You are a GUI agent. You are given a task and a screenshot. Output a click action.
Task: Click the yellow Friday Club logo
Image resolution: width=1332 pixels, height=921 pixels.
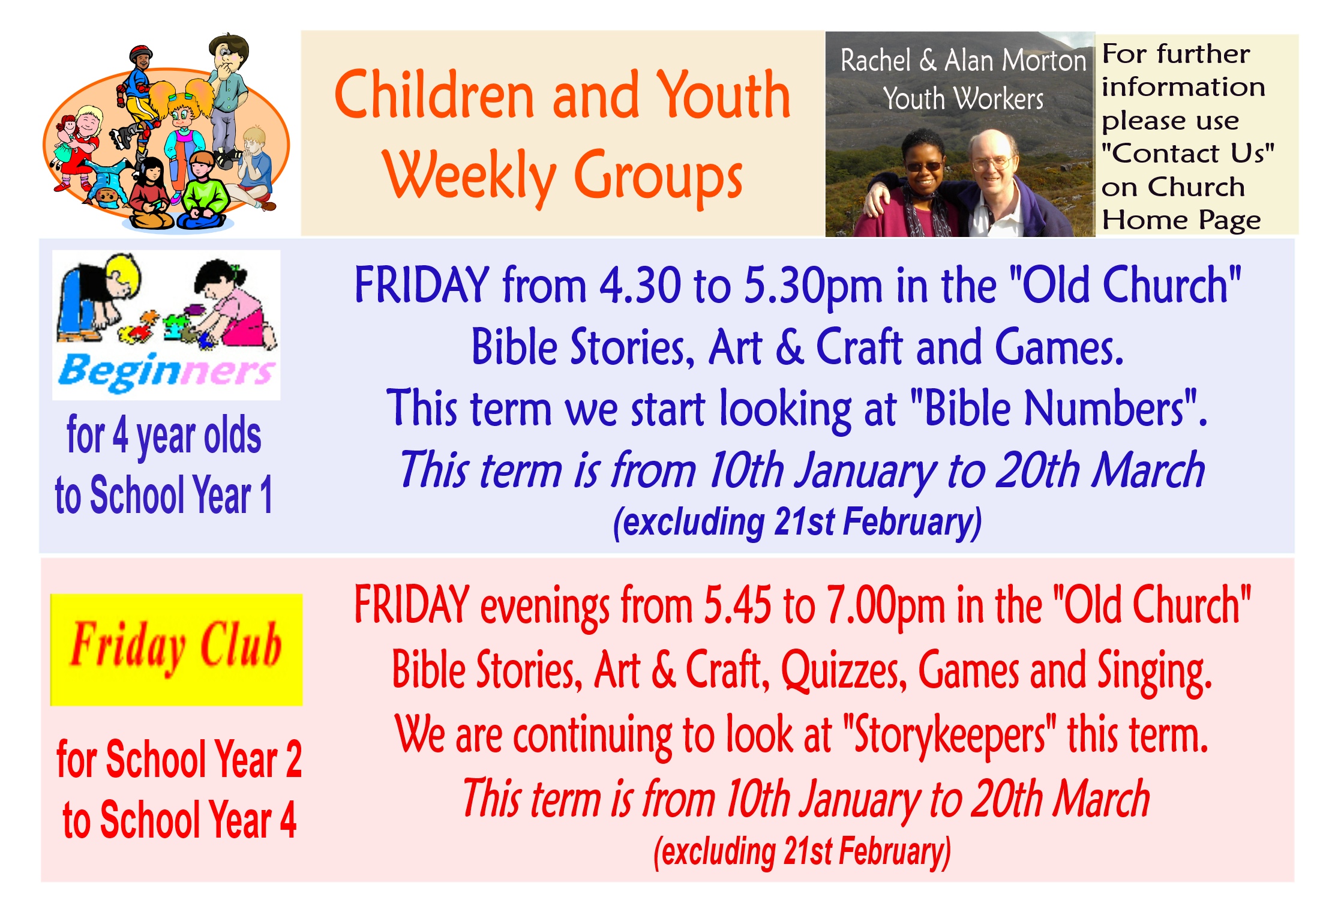point(176,649)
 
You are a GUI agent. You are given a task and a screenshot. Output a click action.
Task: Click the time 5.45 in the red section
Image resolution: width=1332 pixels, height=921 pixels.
point(737,605)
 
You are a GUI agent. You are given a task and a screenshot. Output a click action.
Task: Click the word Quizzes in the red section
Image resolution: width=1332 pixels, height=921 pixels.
point(843,671)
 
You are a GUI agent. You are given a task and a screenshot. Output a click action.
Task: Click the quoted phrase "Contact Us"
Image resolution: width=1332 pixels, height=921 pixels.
point(1187,154)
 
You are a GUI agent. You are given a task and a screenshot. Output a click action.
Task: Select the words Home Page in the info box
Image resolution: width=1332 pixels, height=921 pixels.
point(1181,220)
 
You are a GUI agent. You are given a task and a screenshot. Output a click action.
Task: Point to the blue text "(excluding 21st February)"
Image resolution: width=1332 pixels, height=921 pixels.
point(797,522)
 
